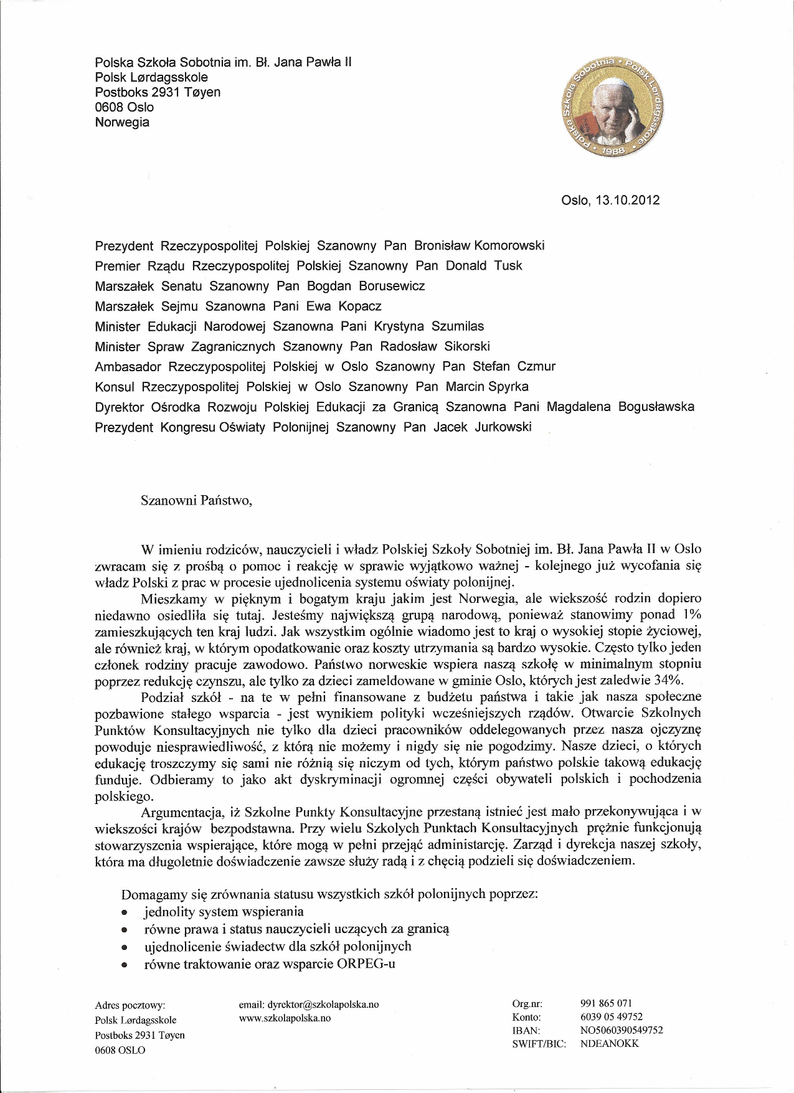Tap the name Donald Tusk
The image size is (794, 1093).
coord(484,266)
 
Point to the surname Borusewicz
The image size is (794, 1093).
coord(392,286)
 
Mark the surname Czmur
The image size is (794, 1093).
coord(532,367)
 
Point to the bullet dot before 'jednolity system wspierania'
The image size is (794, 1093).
coord(125,914)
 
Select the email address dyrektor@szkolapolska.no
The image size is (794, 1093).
coord(309,1005)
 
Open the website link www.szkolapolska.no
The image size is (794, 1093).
coord(285,1018)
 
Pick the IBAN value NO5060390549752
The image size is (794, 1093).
coord(621,1030)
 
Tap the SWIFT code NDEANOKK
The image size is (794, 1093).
coord(610,1044)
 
